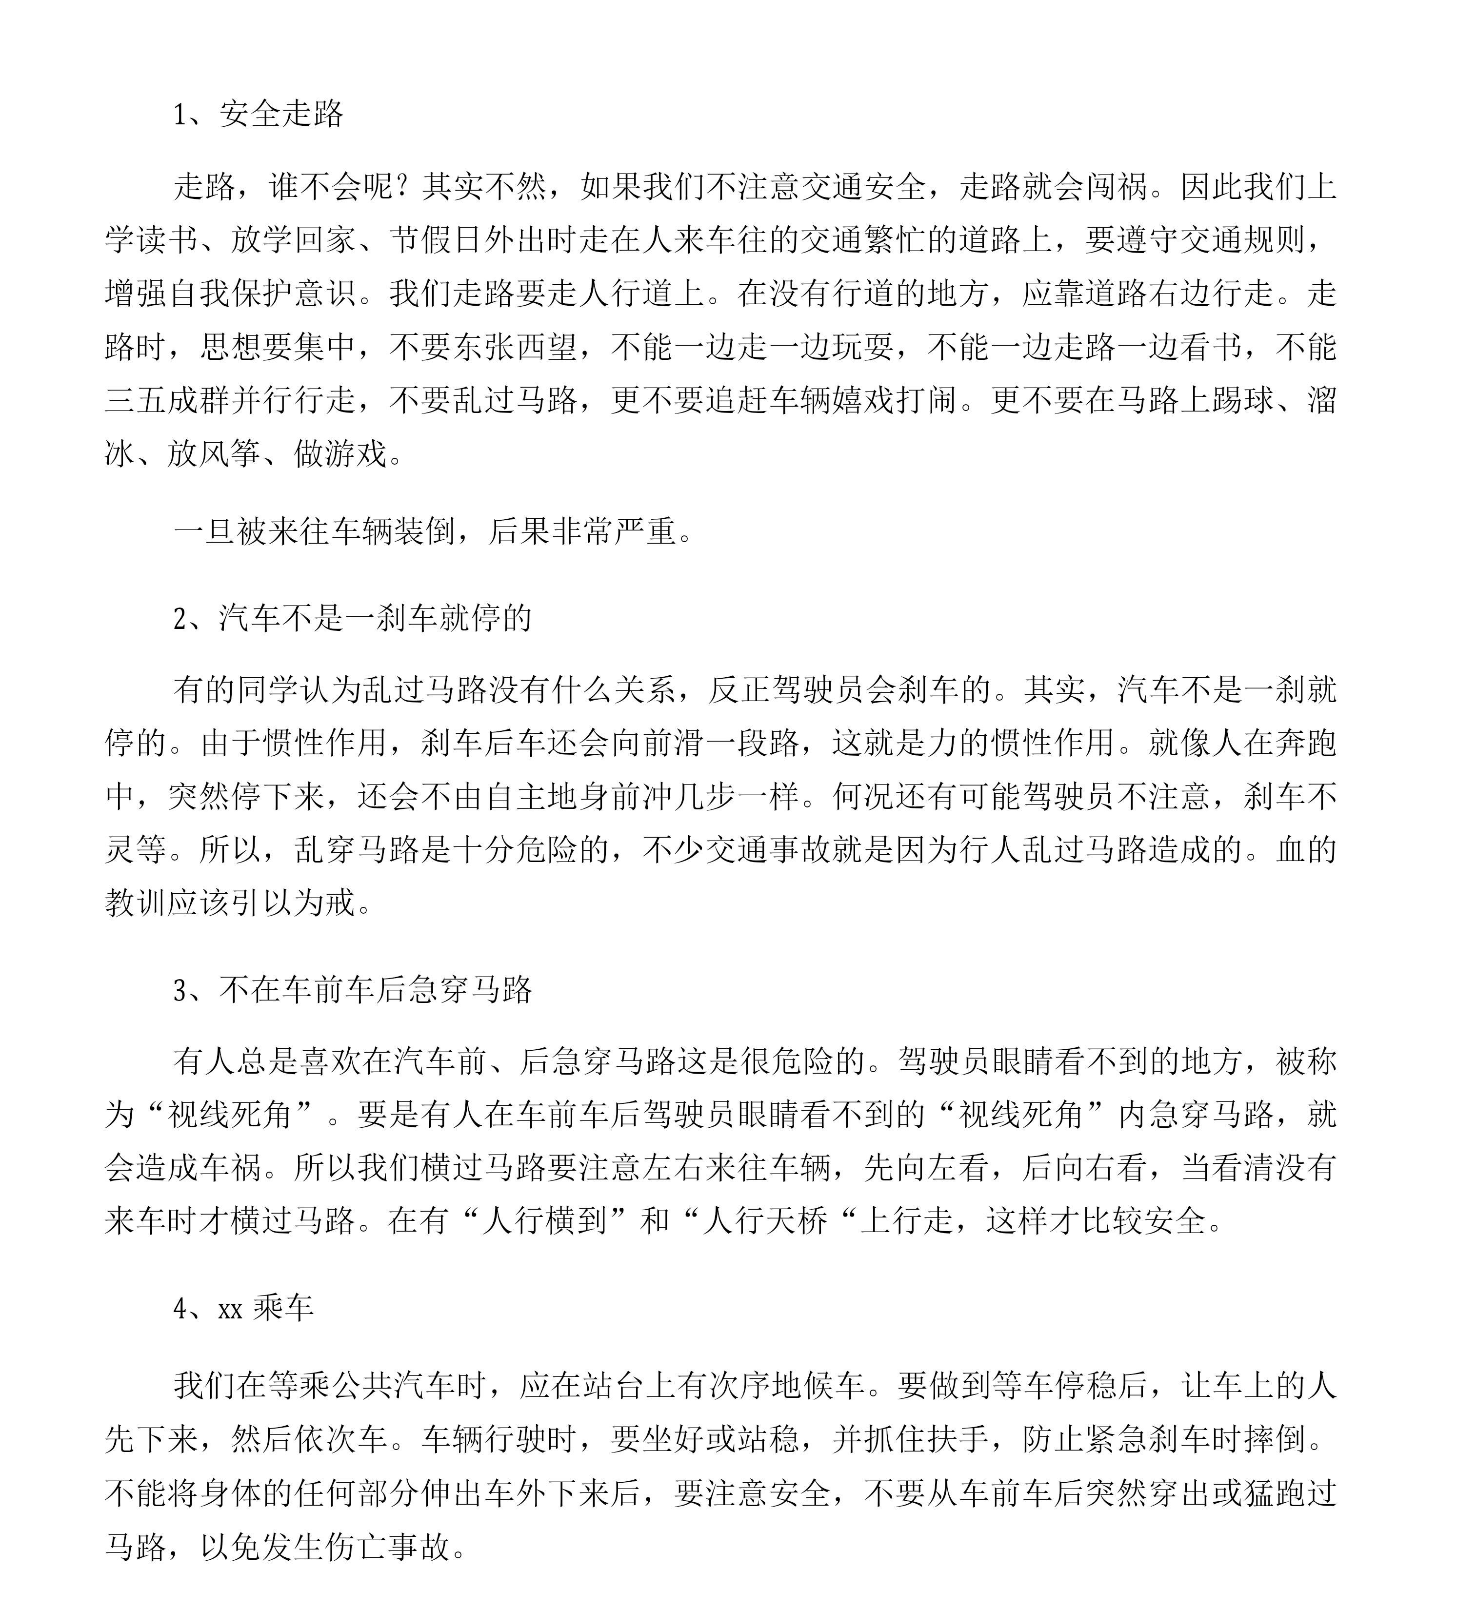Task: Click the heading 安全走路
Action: click(x=281, y=114)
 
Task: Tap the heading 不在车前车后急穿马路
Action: click(x=375, y=990)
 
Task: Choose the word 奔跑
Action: click(x=1305, y=743)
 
